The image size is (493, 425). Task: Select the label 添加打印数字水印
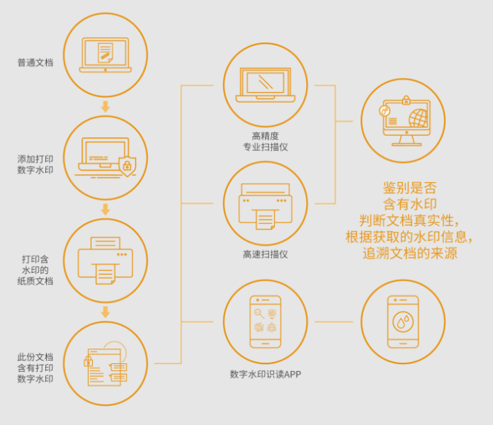click(x=35, y=164)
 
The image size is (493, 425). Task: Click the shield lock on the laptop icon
click(x=127, y=166)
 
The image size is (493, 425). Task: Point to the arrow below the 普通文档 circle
click(x=106, y=107)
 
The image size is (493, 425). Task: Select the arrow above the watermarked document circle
click(x=106, y=312)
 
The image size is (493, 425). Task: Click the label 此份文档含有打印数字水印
click(x=35, y=368)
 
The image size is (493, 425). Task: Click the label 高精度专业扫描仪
click(x=266, y=142)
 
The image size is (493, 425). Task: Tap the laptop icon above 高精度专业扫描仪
click(x=266, y=85)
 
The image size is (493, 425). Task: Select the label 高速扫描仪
click(x=265, y=254)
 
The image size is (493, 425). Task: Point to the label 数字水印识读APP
click(x=266, y=374)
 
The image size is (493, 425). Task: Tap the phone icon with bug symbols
click(x=266, y=322)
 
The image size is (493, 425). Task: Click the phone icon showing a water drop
click(x=403, y=322)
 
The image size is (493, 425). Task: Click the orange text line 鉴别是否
click(x=410, y=188)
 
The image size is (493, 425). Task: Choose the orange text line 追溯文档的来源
click(x=410, y=253)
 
